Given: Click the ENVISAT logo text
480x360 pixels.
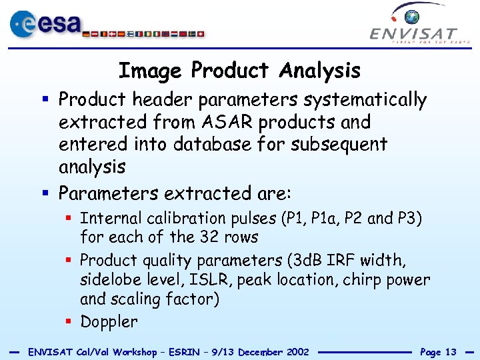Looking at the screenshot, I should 413,33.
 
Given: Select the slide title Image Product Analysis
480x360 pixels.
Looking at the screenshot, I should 239,70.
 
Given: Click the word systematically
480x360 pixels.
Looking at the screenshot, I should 365,100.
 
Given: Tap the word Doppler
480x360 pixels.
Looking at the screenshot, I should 109,322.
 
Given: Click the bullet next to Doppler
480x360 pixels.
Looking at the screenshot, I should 70,322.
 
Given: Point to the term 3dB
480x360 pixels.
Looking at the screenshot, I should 307,260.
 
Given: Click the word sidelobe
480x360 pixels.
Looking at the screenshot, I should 109,280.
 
